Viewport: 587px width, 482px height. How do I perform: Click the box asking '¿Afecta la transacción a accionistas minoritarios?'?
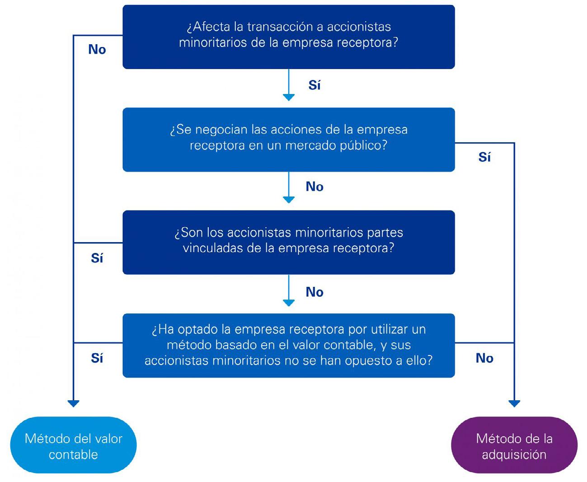tap(289, 37)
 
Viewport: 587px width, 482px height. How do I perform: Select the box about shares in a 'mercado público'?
tap(289, 140)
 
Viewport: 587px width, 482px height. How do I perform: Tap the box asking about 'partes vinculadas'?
tap(289, 243)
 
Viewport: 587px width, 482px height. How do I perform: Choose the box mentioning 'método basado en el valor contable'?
tap(289, 346)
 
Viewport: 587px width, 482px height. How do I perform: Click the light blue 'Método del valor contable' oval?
tap(74, 445)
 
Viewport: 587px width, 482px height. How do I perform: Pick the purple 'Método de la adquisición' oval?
tap(514, 445)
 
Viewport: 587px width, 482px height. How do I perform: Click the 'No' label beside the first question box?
tap(97, 50)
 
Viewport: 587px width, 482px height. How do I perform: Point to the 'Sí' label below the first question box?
tap(314, 84)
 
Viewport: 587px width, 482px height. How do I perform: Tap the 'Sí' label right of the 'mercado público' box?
tap(484, 157)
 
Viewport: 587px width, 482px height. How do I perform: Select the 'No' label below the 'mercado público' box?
tap(315, 187)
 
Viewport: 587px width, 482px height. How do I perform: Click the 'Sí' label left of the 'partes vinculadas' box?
tap(97, 257)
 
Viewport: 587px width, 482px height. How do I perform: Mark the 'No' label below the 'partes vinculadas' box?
tap(315, 292)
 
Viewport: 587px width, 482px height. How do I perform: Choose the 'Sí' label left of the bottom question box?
tap(97, 358)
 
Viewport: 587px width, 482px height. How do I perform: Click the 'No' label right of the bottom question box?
tap(484, 358)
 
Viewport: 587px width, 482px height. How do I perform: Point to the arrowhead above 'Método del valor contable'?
tap(74, 403)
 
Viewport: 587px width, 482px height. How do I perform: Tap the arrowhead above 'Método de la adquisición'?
tap(514, 403)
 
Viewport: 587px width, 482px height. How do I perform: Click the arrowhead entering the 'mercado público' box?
tap(289, 98)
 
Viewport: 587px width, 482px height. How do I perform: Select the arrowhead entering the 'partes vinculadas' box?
tap(289, 200)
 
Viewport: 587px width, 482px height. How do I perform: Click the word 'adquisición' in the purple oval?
tap(514, 455)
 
